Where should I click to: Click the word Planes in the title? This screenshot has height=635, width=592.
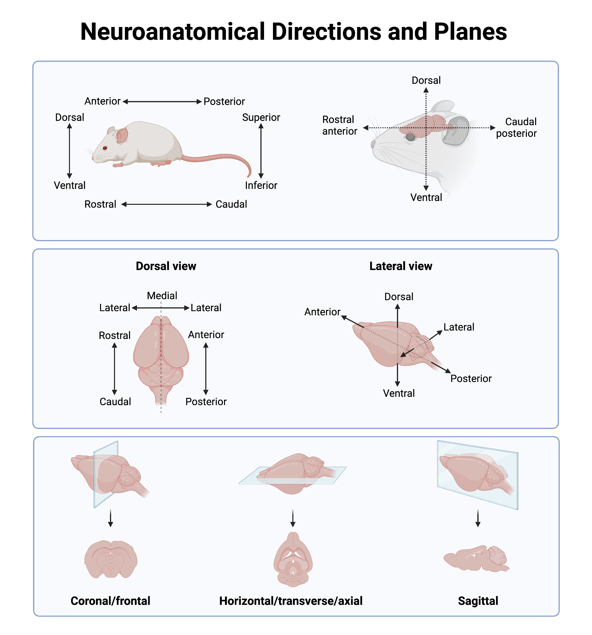point(470,32)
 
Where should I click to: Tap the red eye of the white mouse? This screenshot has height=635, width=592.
point(105,148)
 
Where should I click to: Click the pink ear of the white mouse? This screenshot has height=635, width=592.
point(121,136)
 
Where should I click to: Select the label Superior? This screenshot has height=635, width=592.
point(261,117)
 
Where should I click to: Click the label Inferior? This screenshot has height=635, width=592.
point(261,185)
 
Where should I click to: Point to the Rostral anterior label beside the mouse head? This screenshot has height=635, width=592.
point(339,125)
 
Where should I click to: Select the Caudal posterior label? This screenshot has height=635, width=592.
point(516,127)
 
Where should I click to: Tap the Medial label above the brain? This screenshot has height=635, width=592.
point(162,296)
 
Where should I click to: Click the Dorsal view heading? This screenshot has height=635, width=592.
point(166,266)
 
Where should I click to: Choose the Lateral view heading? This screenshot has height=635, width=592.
point(400,266)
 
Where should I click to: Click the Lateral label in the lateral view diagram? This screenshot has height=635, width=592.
point(459,327)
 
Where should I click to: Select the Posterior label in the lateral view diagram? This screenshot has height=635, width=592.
point(471,378)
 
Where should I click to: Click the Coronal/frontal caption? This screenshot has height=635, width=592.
point(110,601)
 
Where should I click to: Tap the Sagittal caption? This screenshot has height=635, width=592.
point(478,601)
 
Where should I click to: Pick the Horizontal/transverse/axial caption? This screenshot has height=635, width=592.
point(290,601)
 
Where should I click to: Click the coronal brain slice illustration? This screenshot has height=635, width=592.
point(111,559)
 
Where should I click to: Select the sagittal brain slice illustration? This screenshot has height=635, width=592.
point(476,559)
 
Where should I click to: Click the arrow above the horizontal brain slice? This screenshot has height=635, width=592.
point(292,518)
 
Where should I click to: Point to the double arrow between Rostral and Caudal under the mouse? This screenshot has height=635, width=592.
point(166,204)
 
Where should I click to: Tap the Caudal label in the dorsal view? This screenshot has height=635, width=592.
point(115,402)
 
